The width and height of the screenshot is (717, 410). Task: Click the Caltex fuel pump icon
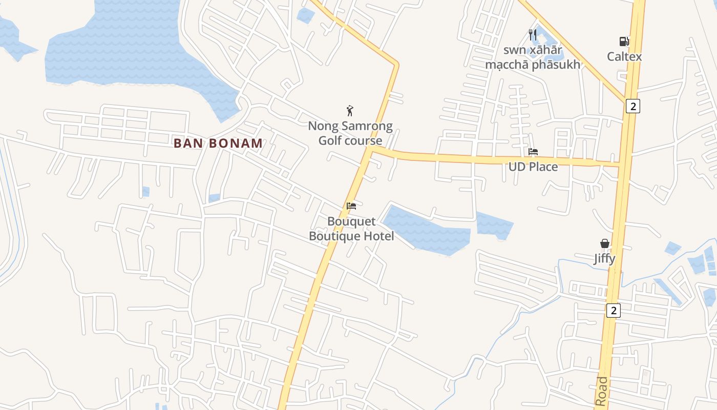tap(623, 42)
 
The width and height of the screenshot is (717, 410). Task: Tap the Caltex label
tap(624, 56)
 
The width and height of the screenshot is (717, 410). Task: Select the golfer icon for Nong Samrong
tap(350, 110)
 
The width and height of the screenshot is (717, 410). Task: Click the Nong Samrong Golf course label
tap(350, 133)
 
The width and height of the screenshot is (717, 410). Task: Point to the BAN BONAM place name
tap(218, 143)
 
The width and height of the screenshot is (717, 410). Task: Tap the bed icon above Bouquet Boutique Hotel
tap(351, 206)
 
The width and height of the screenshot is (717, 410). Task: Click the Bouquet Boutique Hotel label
tap(351, 229)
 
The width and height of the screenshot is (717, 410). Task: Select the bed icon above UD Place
tap(533, 152)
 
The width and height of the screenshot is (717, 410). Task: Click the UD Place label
tap(533, 167)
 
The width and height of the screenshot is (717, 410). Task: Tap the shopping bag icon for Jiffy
tap(605, 243)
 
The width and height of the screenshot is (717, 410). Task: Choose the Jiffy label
tap(604, 259)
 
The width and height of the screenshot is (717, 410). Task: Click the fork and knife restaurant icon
tap(533, 35)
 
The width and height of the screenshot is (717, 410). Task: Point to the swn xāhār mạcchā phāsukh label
tap(533, 57)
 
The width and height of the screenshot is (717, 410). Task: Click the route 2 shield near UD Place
tap(633, 106)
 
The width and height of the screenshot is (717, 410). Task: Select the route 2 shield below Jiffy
tap(613, 310)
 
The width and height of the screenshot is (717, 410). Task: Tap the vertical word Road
tap(602, 392)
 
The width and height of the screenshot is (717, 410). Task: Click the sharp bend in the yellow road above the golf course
tap(396, 64)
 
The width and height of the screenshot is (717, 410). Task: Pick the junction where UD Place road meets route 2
tap(620, 164)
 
